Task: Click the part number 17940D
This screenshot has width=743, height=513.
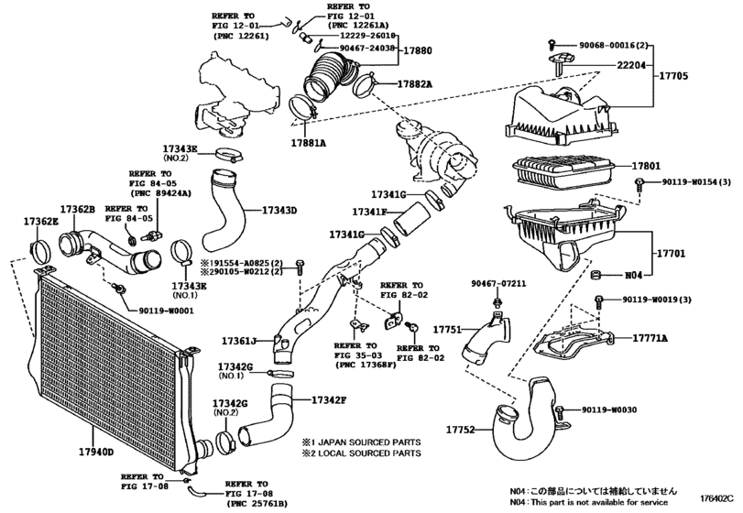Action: coord(96,452)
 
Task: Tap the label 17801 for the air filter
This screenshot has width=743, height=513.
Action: coord(646,166)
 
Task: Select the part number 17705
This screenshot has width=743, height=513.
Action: coord(673,76)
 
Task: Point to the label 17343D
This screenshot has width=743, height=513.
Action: coord(279,211)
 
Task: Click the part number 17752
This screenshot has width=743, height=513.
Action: coord(460,430)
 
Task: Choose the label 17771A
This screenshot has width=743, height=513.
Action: coord(650,338)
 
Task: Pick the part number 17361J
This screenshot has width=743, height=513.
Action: coord(239,341)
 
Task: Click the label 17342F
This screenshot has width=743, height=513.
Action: coord(329,400)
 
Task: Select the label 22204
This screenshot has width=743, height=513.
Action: coord(631,65)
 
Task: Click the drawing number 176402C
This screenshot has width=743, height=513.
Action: coord(717,497)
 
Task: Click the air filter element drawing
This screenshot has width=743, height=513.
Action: coord(563,170)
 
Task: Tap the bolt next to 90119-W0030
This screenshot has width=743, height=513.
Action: coord(561,410)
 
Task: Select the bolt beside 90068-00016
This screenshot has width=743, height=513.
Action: coord(552,45)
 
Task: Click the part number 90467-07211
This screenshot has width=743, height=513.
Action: coord(498,284)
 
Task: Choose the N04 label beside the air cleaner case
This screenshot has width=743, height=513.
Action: coord(634,275)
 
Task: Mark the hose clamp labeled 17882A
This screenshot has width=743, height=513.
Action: coord(366,84)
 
